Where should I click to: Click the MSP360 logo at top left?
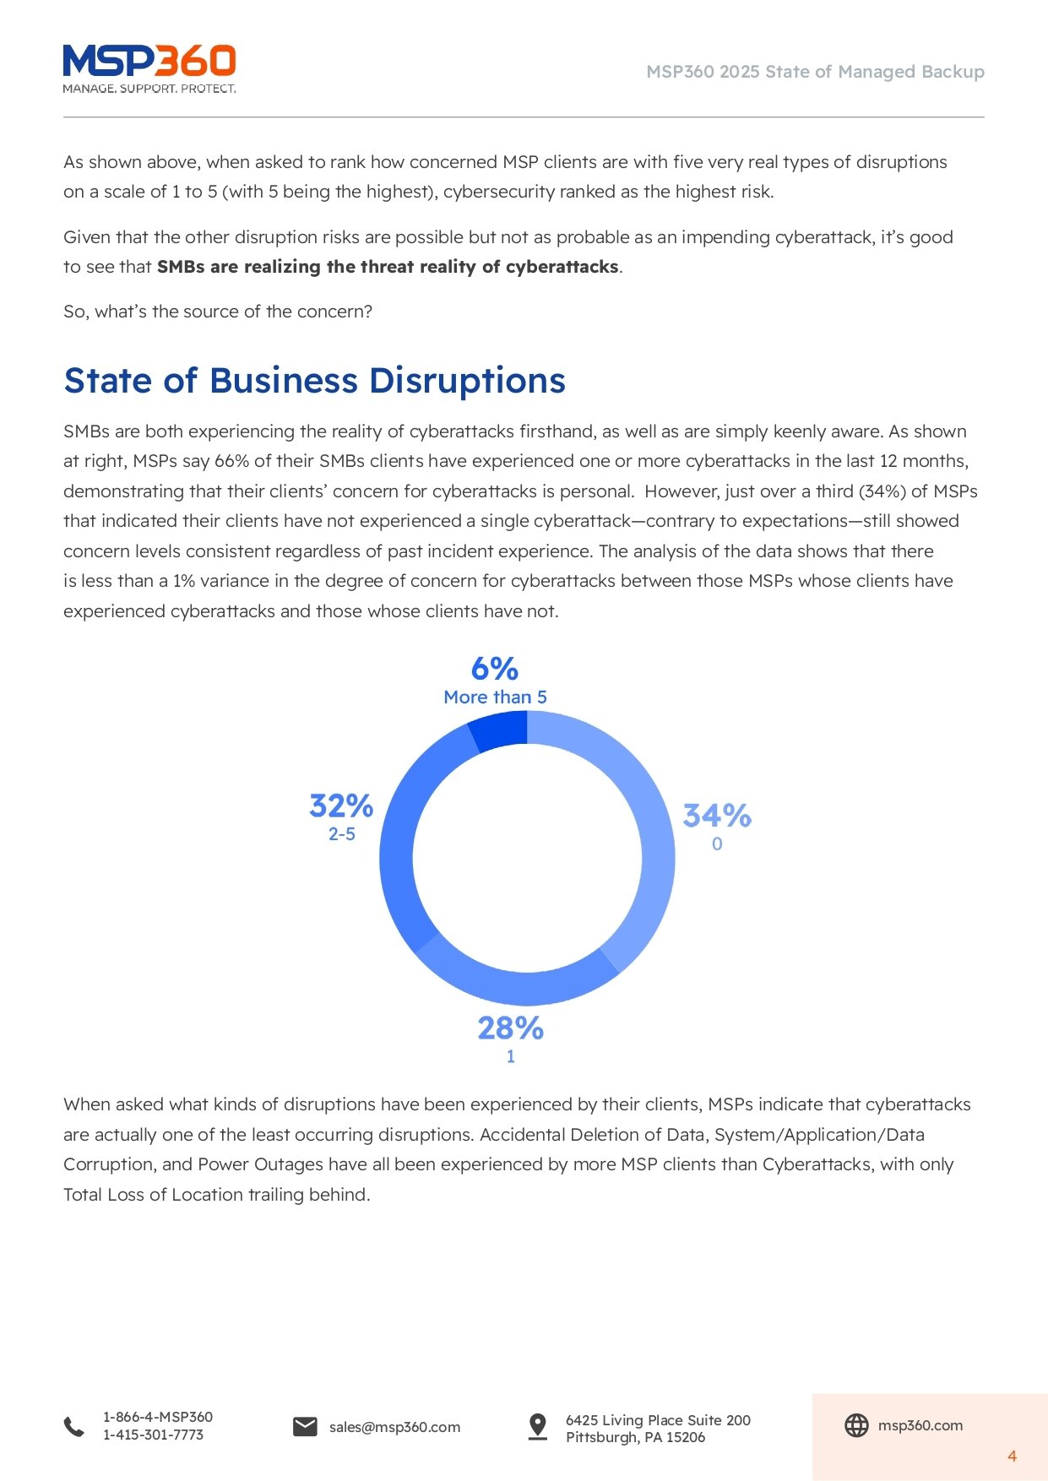click(149, 68)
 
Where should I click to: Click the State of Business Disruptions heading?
click(314, 381)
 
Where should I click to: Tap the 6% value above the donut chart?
click(495, 669)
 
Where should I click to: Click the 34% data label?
click(717, 816)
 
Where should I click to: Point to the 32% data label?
click(341, 806)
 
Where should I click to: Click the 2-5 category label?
click(341, 834)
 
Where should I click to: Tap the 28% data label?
click(510, 1028)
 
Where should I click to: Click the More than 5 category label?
click(495, 697)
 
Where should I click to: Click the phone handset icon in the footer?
click(74, 1426)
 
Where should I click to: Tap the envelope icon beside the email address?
click(305, 1426)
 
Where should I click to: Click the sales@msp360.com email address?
click(394, 1427)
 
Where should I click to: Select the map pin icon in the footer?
click(537, 1426)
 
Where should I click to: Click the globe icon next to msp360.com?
click(856, 1425)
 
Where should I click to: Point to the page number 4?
click(1012, 1456)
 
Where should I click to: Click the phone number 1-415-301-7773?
click(153, 1435)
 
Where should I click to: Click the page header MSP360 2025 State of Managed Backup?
click(815, 72)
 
